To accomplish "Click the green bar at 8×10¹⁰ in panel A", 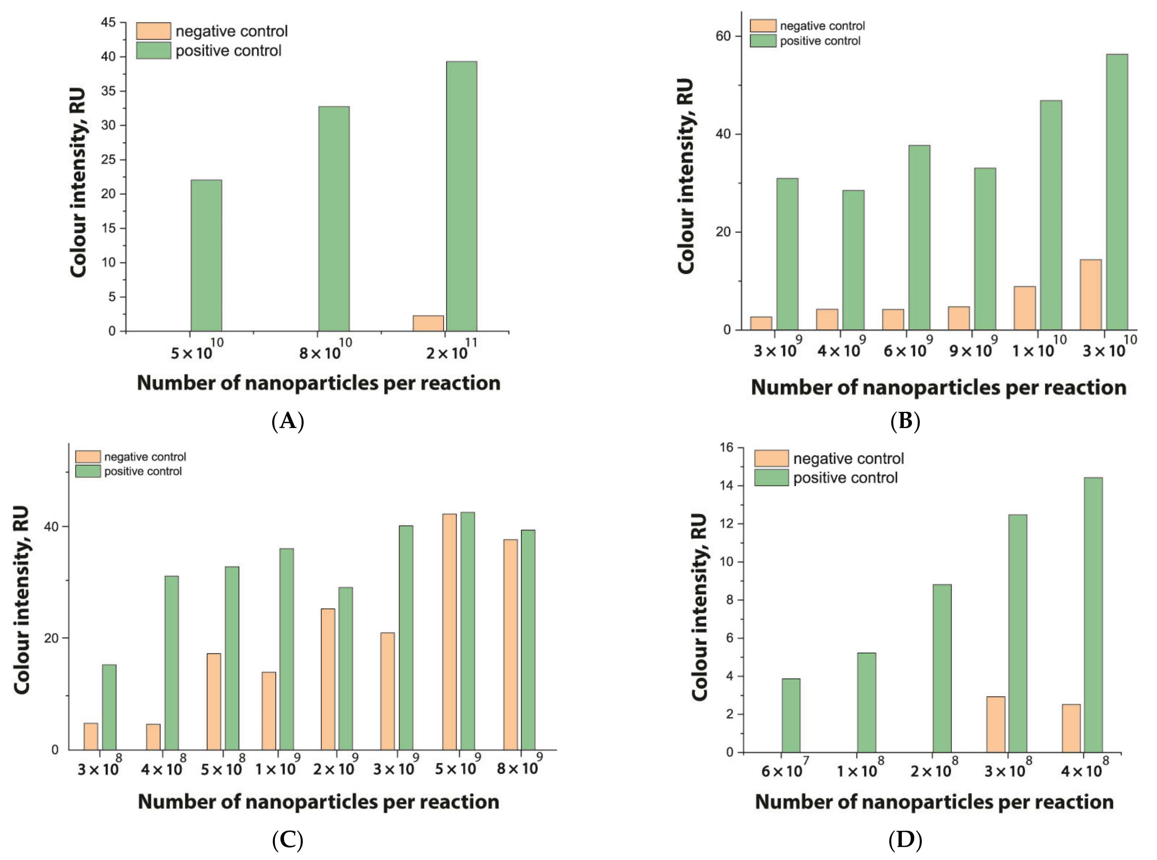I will [334, 219].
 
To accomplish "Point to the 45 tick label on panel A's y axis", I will [108, 22].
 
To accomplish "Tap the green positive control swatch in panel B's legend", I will [763, 41].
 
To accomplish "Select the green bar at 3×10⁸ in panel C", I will [109, 707].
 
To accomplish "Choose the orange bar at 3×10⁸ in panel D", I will [996, 724].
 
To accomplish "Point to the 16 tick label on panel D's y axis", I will [726, 447].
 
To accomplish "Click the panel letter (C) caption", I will [288, 840].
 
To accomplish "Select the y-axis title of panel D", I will [699, 606].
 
